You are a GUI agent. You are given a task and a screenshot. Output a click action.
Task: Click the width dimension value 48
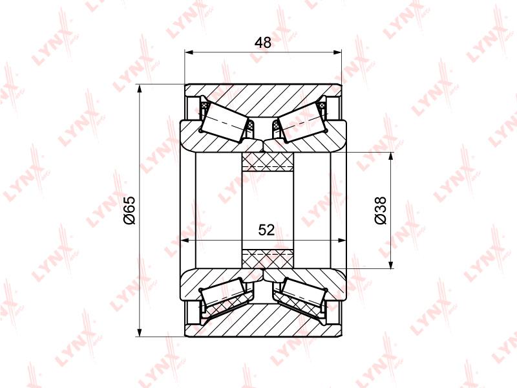click(x=263, y=43)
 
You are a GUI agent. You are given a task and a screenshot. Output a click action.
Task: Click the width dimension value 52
click(x=266, y=230)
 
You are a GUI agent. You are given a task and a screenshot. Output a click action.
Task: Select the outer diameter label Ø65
click(x=130, y=210)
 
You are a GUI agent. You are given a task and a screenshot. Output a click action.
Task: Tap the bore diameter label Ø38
click(x=381, y=210)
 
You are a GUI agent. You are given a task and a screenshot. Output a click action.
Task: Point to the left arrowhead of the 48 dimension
click(x=189, y=52)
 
